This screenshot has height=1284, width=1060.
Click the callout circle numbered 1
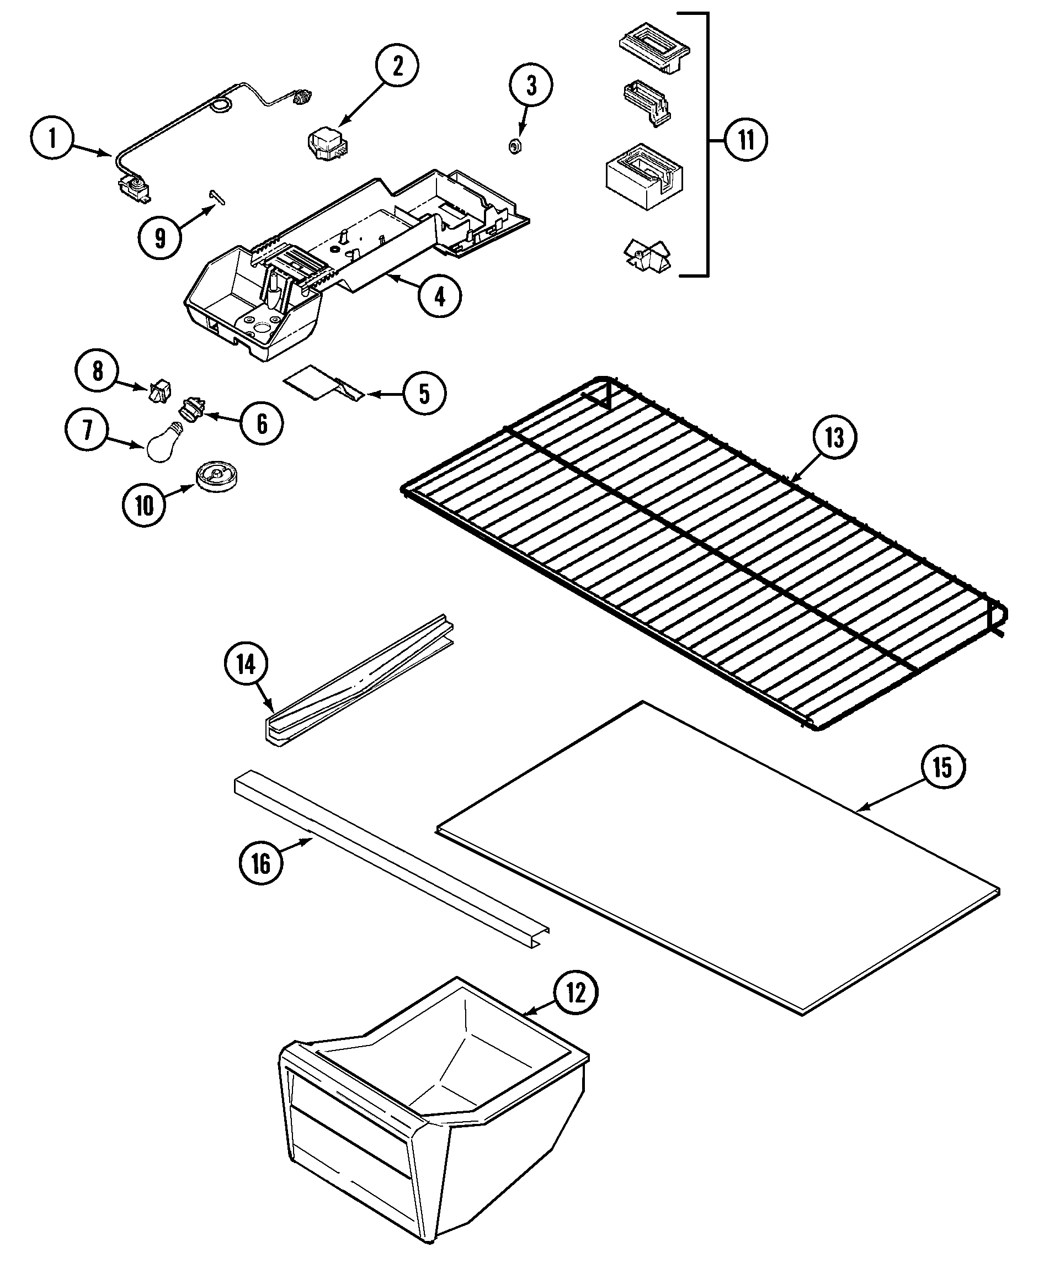[x=52, y=139]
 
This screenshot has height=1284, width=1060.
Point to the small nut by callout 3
[x=515, y=147]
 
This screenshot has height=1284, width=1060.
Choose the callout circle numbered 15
[x=942, y=767]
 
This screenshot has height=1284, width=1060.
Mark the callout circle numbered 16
[x=261, y=863]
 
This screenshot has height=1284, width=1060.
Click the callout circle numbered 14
[x=246, y=664]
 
